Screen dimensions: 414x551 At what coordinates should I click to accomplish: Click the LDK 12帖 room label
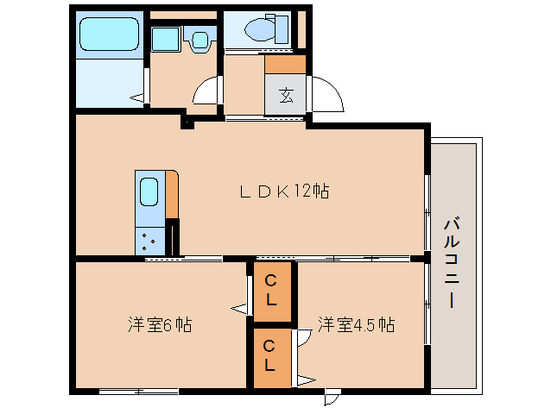coord(283,192)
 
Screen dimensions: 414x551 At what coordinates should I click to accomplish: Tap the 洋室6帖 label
coord(160,325)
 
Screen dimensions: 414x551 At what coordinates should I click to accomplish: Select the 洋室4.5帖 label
coord(356,325)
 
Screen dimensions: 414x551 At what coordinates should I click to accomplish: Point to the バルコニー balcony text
coord(453,264)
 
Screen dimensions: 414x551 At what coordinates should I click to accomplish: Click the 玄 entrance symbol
coord(286,95)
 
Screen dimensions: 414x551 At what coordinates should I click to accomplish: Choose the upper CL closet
coord(270,290)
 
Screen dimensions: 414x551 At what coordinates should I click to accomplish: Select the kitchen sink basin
coord(149,192)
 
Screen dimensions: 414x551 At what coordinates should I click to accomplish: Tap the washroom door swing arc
coord(208,92)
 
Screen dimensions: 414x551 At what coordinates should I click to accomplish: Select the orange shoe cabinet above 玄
coord(285,65)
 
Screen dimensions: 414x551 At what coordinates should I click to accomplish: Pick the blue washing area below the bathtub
coord(107,81)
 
